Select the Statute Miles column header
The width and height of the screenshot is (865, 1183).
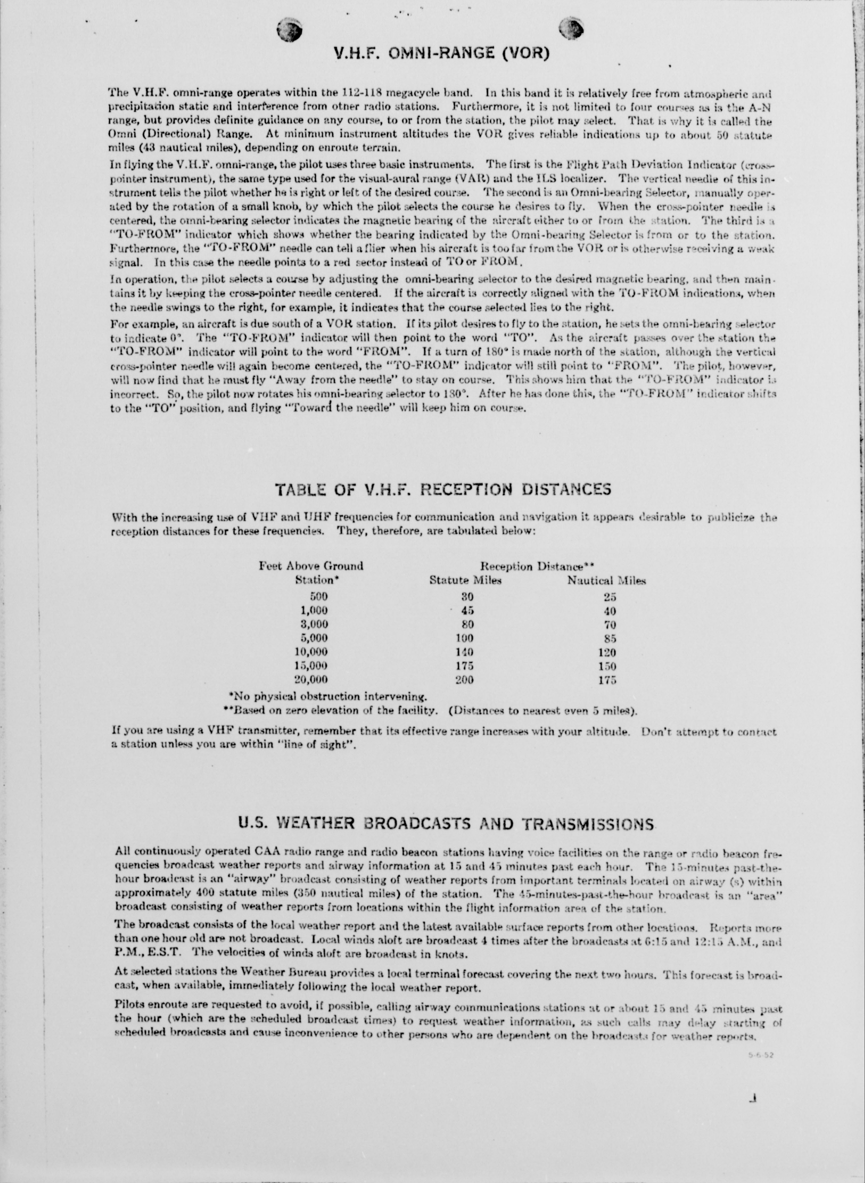click(466, 580)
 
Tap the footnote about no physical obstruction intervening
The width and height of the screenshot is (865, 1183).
click(328, 696)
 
